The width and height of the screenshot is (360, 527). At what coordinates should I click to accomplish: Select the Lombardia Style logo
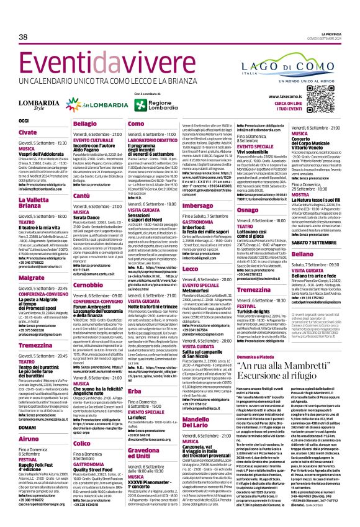click(x=40, y=104)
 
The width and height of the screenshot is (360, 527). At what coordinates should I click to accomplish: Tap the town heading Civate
click(x=27, y=132)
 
